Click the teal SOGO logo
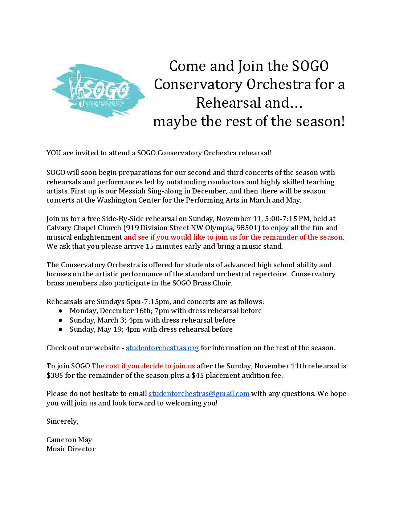(x=98, y=91)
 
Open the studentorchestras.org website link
(x=162, y=348)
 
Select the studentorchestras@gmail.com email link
(x=199, y=394)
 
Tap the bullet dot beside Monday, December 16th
(x=61, y=311)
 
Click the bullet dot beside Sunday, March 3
(x=61, y=320)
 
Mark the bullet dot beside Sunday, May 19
(x=61, y=329)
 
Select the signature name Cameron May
(x=69, y=440)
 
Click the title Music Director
(x=71, y=449)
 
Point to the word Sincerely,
(x=62, y=421)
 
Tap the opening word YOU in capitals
(x=53, y=153)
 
